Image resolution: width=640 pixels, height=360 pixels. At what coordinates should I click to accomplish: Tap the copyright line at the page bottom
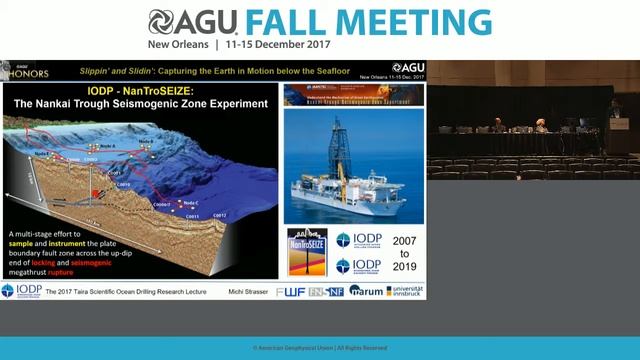319,348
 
